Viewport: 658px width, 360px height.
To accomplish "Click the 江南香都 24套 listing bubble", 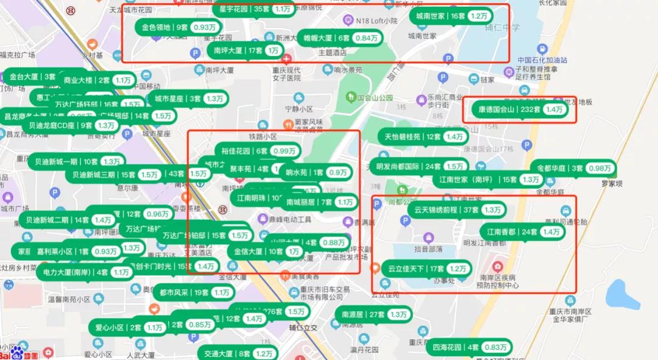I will pyautogui.click(x=522, y=232).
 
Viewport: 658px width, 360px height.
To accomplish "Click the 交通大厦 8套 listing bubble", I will pyautogui.click(x=238, y=353).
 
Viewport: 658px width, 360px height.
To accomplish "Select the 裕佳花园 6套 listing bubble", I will pyautogui.click(x=255, y=151).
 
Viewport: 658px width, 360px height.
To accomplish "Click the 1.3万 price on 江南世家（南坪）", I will pyautogui.click(x=530, y=180).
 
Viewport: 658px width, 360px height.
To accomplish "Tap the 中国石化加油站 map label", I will pyautogui.click(x=542, y=60).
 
